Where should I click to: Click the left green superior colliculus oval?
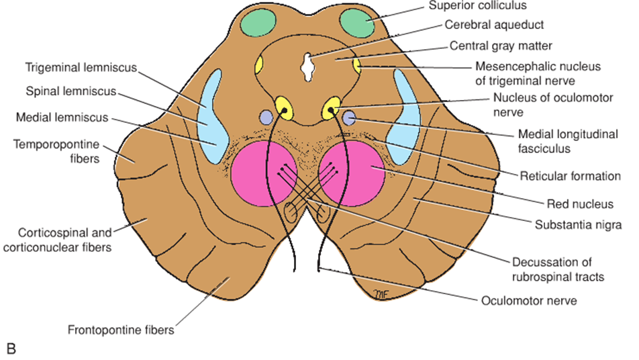click(258, 25)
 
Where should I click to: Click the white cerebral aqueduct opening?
click(307, 66)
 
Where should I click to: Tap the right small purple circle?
click(348, 119)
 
